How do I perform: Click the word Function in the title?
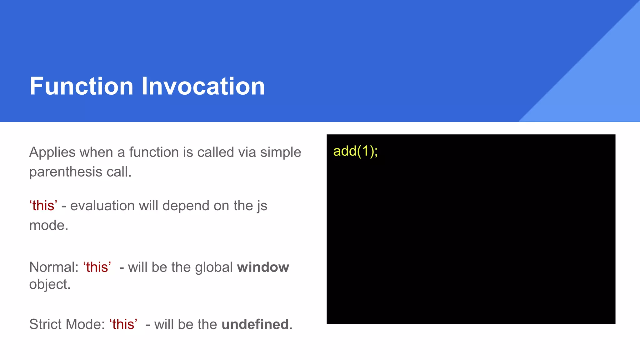coord(82,86)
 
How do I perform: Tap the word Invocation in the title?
coord(203,86)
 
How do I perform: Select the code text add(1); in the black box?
coord(355,151)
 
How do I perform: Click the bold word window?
coord(263,267)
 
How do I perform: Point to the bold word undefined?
coord(255,324)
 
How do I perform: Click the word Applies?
coord(52,152)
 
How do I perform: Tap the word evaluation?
coord(102,206)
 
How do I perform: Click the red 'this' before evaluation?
coord(43,206)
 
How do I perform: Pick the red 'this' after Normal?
coord(97,267)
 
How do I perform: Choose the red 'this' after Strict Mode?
coord(123,324)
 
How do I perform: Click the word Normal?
coord(54,267)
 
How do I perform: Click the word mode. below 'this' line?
coord(48,225)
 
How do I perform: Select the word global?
coord(214,267)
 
